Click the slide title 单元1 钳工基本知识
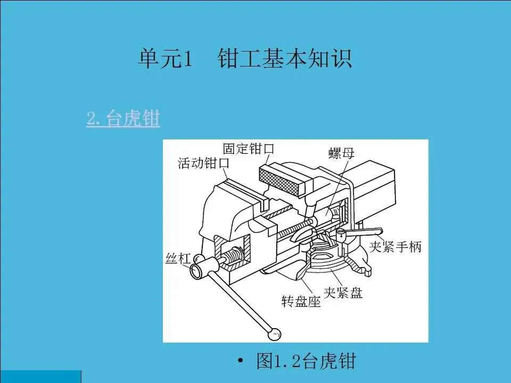[x=244, y=59]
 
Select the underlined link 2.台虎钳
[x=123, y=119]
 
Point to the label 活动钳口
[x=203, y=163]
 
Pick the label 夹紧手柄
[x=396, y=247]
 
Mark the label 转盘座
[x=301, y=302]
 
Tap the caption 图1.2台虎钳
[x=305, y=362]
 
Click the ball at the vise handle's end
[x=275, y=334]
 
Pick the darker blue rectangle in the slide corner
[x=40, y=376]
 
